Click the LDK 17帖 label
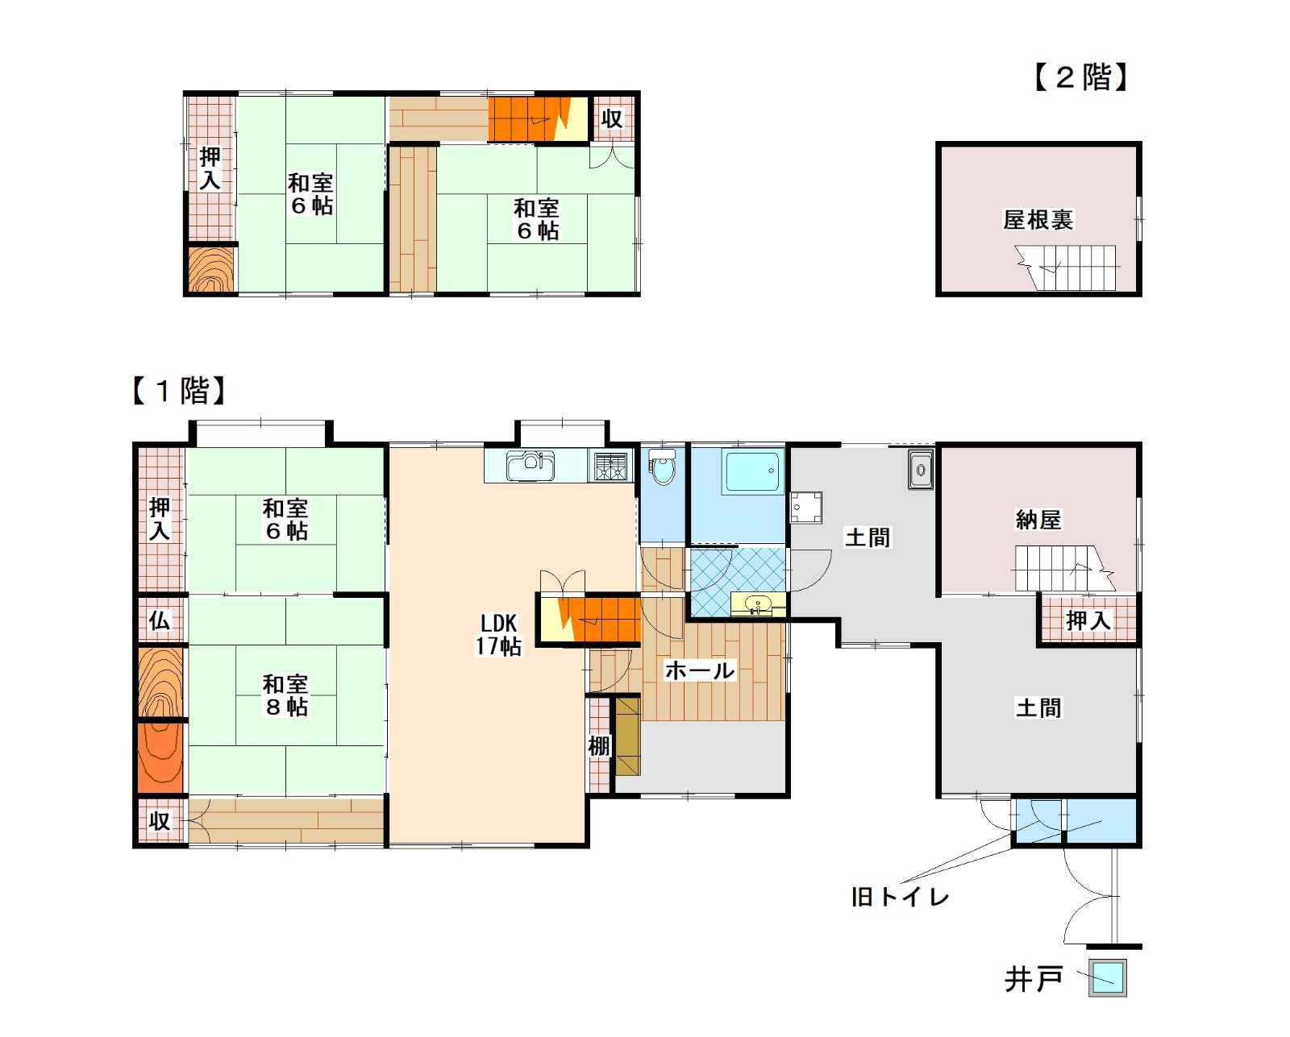[x=498, y=634]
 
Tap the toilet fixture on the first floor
[x=663, y=467]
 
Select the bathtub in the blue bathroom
[x=752, y=471]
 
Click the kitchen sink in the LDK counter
[x=531, y=466]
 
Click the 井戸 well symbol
[x=1108, y=977]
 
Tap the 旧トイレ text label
[x=900, y=897]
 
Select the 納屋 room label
[x=1038, y=520]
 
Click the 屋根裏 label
[x=1038, y=219]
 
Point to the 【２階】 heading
[x=1081, y=77]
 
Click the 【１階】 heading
[x=179, y=391]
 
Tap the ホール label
[x=700, y=670]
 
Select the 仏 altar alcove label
[x=160, y=620]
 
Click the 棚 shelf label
[x=599, y=746]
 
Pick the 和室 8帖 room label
[x=286, y=695]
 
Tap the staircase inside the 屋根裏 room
[x=1069, y=268]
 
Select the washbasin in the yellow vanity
[x=757, y=604]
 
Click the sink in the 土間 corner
[x=921, y=470]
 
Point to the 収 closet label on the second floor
[x=612, y=118]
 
